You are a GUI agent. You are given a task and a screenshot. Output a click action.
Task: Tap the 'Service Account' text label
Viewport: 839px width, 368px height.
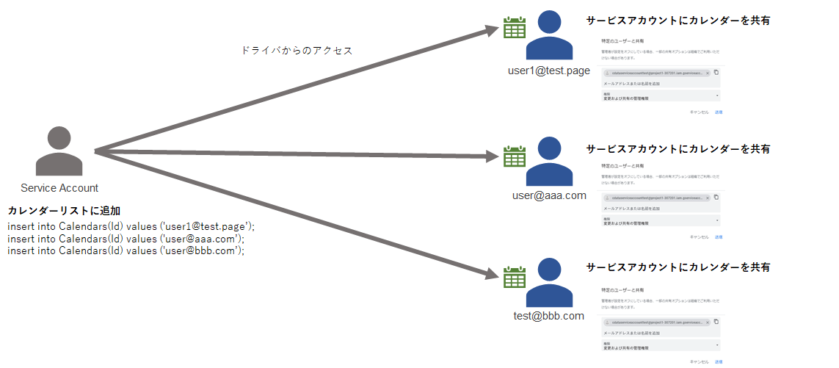click(x=59, y=188)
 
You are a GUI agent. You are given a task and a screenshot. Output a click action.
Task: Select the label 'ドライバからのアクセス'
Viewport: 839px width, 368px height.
click(x=297, y=51)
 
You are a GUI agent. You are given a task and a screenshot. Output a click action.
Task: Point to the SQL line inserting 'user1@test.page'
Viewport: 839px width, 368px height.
click(x=131, y=226)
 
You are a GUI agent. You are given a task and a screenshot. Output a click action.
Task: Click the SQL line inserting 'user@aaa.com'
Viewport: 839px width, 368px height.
click(x=126, y=239)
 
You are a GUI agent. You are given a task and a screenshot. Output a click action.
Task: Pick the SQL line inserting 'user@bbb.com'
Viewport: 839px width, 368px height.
click(x=126, y=250)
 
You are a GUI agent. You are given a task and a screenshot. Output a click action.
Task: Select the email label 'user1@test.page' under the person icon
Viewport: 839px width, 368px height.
click(x=548, y=71)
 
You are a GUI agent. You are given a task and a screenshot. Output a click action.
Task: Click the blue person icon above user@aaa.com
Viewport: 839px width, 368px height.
click(x=548, y=162)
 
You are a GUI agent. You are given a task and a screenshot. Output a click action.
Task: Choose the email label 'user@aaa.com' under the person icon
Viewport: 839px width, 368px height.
click(x=549, y=195)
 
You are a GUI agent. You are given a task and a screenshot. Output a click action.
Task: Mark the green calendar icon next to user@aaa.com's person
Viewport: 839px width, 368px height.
click(x=514, y=156)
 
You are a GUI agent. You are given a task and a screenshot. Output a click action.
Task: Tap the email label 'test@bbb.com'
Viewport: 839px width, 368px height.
click(x=548, y=316)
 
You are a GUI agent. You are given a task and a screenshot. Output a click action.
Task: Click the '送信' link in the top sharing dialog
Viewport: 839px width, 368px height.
click(x=719, y=112)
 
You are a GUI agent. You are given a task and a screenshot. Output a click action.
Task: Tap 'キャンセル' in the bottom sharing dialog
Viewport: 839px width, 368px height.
click(x=699, y=361)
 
